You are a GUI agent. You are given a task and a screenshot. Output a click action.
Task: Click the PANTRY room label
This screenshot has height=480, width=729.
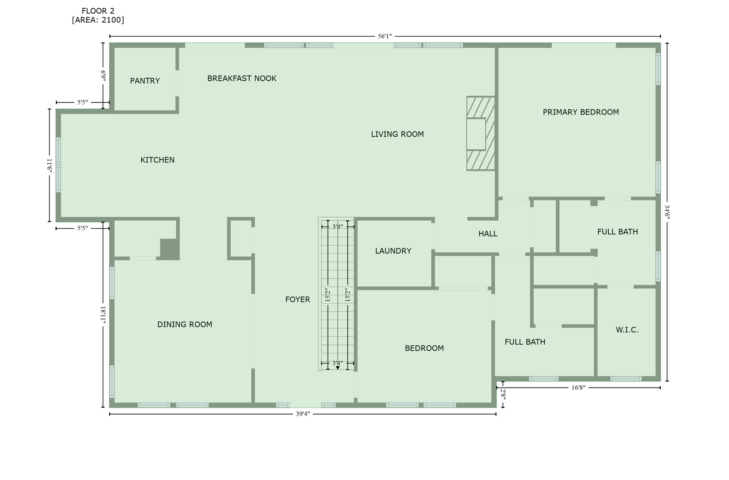point(145,81)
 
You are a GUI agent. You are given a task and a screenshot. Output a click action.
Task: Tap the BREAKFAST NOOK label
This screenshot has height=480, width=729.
point(242,79)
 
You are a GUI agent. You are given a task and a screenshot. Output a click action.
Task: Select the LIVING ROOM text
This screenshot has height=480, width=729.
point(397,134)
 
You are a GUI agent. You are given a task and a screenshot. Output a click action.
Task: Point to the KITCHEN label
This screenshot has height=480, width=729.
point(157,160)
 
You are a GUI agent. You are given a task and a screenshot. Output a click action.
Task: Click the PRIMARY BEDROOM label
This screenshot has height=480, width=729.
point(581,112)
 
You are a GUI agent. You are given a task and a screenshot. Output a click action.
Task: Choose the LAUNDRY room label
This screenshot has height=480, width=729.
point(393,251)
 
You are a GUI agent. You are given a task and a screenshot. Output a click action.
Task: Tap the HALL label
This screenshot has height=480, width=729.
point(488,234)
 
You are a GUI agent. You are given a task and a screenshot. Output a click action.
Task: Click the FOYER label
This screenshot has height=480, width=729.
point(298,300)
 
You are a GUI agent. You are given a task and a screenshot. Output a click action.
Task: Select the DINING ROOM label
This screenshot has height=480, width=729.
point(184,325)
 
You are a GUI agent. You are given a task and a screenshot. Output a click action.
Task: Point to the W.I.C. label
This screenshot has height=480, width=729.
point(627,330)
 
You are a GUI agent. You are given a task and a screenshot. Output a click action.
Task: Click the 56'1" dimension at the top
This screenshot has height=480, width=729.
point(384,36)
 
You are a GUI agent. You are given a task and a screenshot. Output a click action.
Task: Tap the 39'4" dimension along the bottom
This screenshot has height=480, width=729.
point(303,414)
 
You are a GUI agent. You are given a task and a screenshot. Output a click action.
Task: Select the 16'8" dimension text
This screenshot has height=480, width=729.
point(578,388)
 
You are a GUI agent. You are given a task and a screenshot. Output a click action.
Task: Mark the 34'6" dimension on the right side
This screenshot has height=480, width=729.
point(667,212)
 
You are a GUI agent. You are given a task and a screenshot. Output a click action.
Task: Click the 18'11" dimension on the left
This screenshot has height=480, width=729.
point(103,315)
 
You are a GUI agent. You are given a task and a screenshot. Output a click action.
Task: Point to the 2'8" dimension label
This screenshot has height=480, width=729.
point(503,394)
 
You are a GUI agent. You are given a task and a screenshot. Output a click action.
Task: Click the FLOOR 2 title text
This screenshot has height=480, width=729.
point(98,11)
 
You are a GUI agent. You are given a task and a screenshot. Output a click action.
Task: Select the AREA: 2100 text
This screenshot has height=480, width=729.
point(98,20)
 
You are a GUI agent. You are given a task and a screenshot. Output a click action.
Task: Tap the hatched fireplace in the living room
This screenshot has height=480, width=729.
point(481,133)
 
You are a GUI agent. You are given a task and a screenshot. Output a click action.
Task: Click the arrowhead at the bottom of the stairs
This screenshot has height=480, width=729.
point(338,368)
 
